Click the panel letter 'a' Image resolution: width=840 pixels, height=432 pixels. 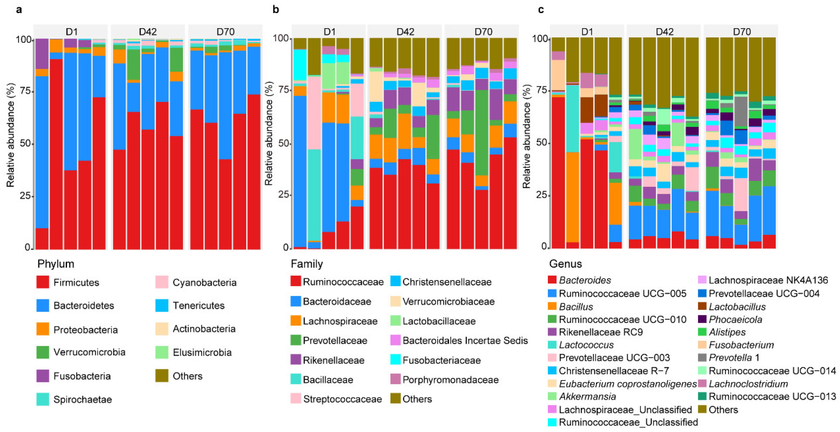coord(19,10)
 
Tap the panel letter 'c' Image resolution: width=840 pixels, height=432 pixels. coord(541,10)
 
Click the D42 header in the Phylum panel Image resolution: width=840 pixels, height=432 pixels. coord(148,32)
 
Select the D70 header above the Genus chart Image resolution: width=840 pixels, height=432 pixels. coord(742,32)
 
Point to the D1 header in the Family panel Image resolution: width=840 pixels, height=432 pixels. coord(329,32)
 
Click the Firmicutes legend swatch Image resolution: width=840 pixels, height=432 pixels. coord(43,282)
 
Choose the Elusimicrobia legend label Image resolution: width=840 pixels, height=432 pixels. coord(202,352)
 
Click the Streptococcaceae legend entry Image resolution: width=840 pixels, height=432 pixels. coord(342,399)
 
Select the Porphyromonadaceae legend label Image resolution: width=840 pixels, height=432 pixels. coord(450,380)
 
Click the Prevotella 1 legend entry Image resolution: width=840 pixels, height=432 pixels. coord(734,358)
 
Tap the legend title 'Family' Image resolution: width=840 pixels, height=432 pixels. coord(307,264)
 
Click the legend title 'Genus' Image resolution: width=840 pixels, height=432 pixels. coord(565,264)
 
